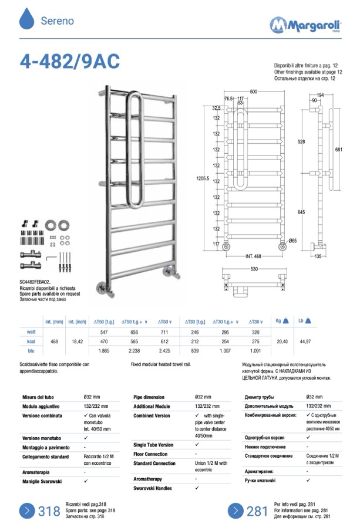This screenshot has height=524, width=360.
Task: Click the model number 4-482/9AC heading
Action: [x=70, y=61]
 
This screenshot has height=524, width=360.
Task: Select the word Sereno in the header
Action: [x=57, y=21]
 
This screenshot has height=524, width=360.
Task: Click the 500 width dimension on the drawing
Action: [x=253, y=92]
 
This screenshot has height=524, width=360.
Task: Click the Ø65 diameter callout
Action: [x=292, y=241]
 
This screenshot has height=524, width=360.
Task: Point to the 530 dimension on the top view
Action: [x=253, y=269]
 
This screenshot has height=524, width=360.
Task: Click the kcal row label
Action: [x=32, y=341]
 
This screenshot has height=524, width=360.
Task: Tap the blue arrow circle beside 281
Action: [x=235, y=510]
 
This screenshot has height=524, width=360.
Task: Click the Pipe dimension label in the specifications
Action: [x=149, y=397]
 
